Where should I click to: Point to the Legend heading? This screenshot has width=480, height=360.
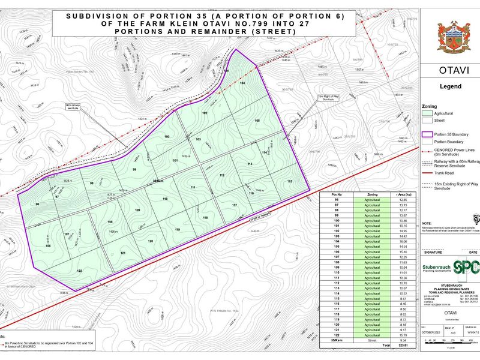(x=451, y=86)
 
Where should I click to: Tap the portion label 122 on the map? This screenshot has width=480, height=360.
(x=79, y=271)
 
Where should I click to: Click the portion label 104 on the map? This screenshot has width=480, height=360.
(x=242, y=83)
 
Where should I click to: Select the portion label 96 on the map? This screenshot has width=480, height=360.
(x=37, y=205)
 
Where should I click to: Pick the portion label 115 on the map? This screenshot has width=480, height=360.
(x=289, y=181)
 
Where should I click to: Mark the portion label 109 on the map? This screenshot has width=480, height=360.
(x=137, y=210)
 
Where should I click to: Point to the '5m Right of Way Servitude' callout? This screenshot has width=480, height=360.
(x=325, y=98)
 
